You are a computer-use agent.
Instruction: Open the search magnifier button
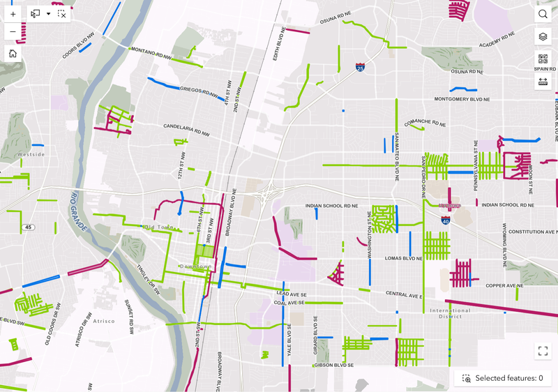click(543, 13)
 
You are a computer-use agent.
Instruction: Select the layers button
click(543, 36)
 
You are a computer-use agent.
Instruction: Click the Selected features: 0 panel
click(502, 378)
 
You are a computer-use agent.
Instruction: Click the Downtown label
click(195, 266)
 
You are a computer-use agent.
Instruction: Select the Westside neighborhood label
click(31, 154)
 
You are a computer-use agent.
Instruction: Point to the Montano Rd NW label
click(152, 52)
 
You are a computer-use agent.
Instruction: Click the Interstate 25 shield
click(360, 68)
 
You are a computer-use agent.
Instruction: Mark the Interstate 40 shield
click(445, 220)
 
